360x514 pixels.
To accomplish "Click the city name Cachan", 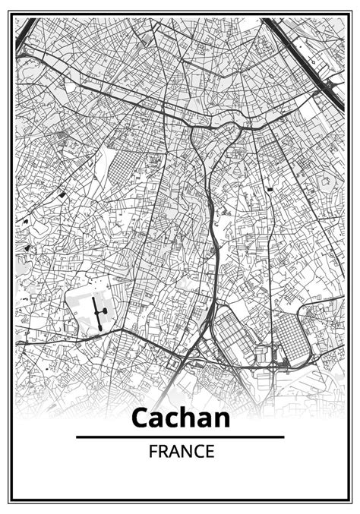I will coord(180,418).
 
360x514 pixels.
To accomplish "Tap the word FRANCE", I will coord(182,451).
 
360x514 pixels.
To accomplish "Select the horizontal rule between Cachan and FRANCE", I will coord(180,437).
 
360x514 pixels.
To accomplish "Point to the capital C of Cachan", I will coord(141,418).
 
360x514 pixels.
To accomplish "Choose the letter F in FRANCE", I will coord(153,451).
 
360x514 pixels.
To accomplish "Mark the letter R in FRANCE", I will coord(163,451).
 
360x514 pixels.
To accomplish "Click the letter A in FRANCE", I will coord(175,451).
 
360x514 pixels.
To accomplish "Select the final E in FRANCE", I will coord(210,451).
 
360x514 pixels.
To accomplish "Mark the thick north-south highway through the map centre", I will coord(213,251).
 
